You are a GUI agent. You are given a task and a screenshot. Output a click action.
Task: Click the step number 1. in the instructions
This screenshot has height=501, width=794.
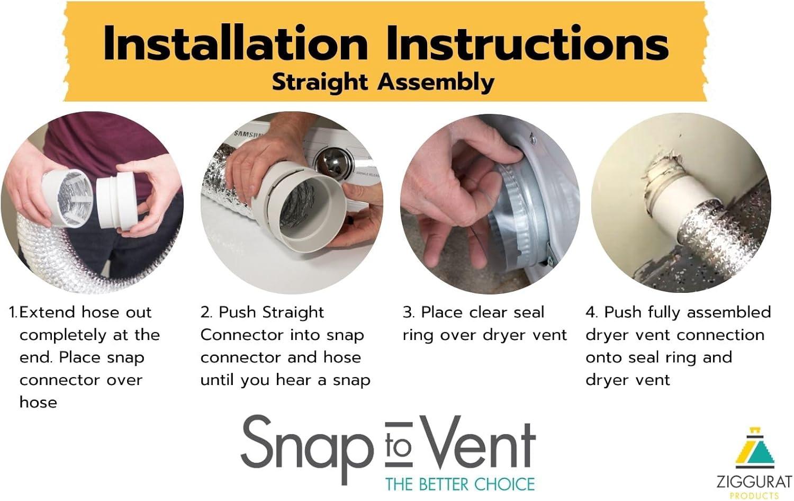[13, 312]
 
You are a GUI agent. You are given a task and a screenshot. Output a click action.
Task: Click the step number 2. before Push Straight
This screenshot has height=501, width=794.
[206, 312]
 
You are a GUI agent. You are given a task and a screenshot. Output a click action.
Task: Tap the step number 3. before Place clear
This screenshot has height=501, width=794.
[408, 312]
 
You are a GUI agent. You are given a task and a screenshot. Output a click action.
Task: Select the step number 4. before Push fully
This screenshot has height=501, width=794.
[591, 312]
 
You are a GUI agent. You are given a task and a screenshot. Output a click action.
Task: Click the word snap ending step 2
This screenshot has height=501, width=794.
[351, 380]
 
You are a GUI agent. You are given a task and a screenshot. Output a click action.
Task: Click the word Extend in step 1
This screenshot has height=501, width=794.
[48, 312]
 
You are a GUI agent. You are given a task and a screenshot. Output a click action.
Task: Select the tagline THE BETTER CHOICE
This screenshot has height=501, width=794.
[459, 484]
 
